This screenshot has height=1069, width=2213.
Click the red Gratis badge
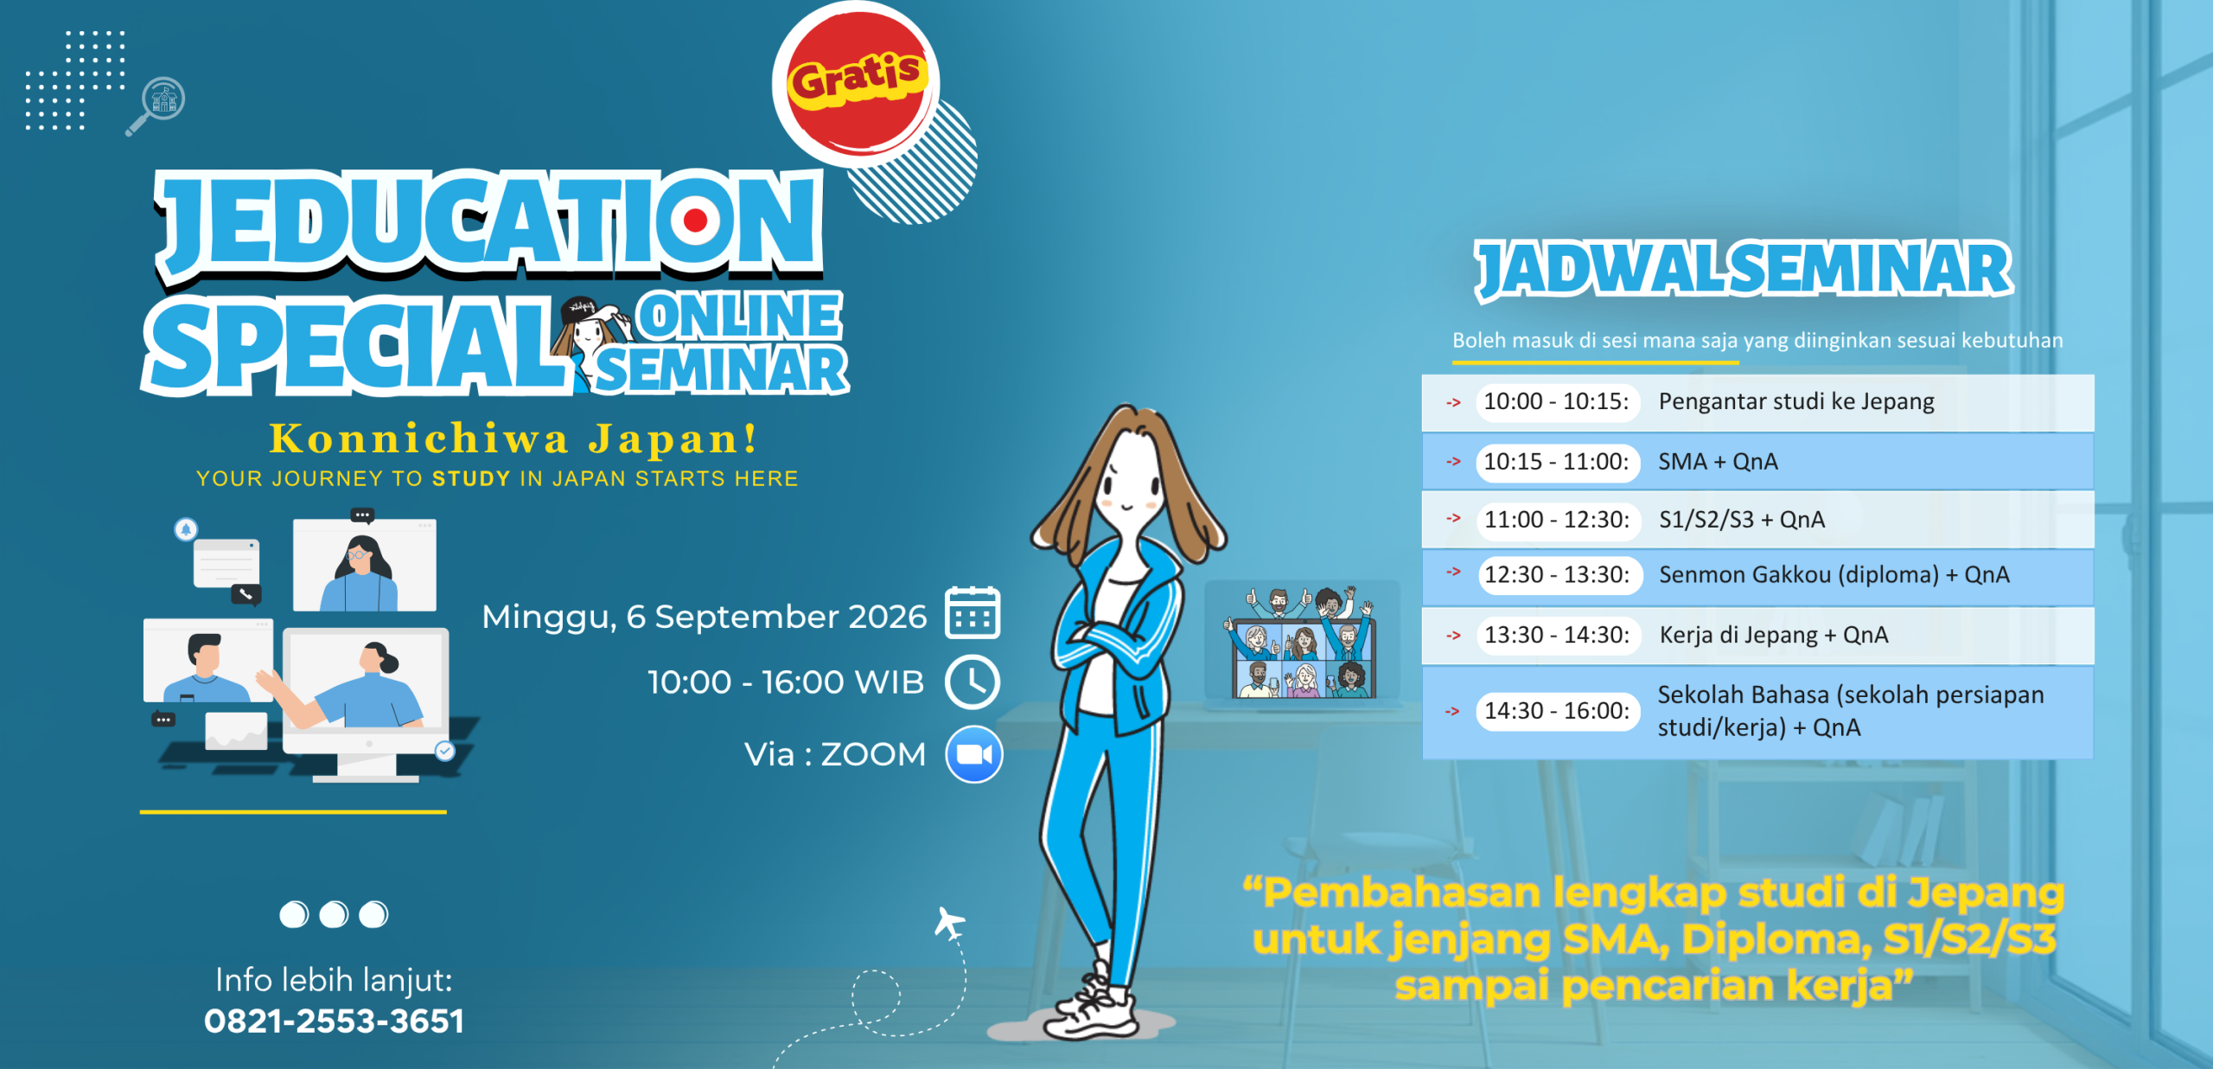(x=856, y=84)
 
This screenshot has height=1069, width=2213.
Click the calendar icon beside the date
(x=973, y=613)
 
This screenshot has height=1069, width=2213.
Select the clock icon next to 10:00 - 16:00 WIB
(x=973, y=682)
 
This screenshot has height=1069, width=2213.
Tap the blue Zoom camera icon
(x=974, y=754)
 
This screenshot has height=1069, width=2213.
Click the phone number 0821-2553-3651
(x=335, y=1021)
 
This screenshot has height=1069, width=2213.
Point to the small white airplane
(x=949, y=924)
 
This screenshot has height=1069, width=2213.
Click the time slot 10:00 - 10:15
(x=1557, y=402)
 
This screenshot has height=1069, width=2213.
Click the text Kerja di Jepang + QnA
(x=1774, y=636)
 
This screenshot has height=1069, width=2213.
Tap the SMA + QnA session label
(x=1718, y=462)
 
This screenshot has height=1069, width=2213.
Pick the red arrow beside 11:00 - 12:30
(x=1454, y=519)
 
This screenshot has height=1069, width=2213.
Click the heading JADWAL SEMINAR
(x=1744, y=270)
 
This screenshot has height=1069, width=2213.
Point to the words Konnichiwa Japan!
(x=513, y=438)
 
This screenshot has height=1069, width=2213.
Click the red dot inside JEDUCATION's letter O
(x=696, y=220)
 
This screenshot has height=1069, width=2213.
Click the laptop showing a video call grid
(x=1302, y=645)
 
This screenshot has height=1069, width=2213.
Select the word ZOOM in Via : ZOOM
(x=873, y=755)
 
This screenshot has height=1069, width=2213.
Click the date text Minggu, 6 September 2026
(x=704, y=618)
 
